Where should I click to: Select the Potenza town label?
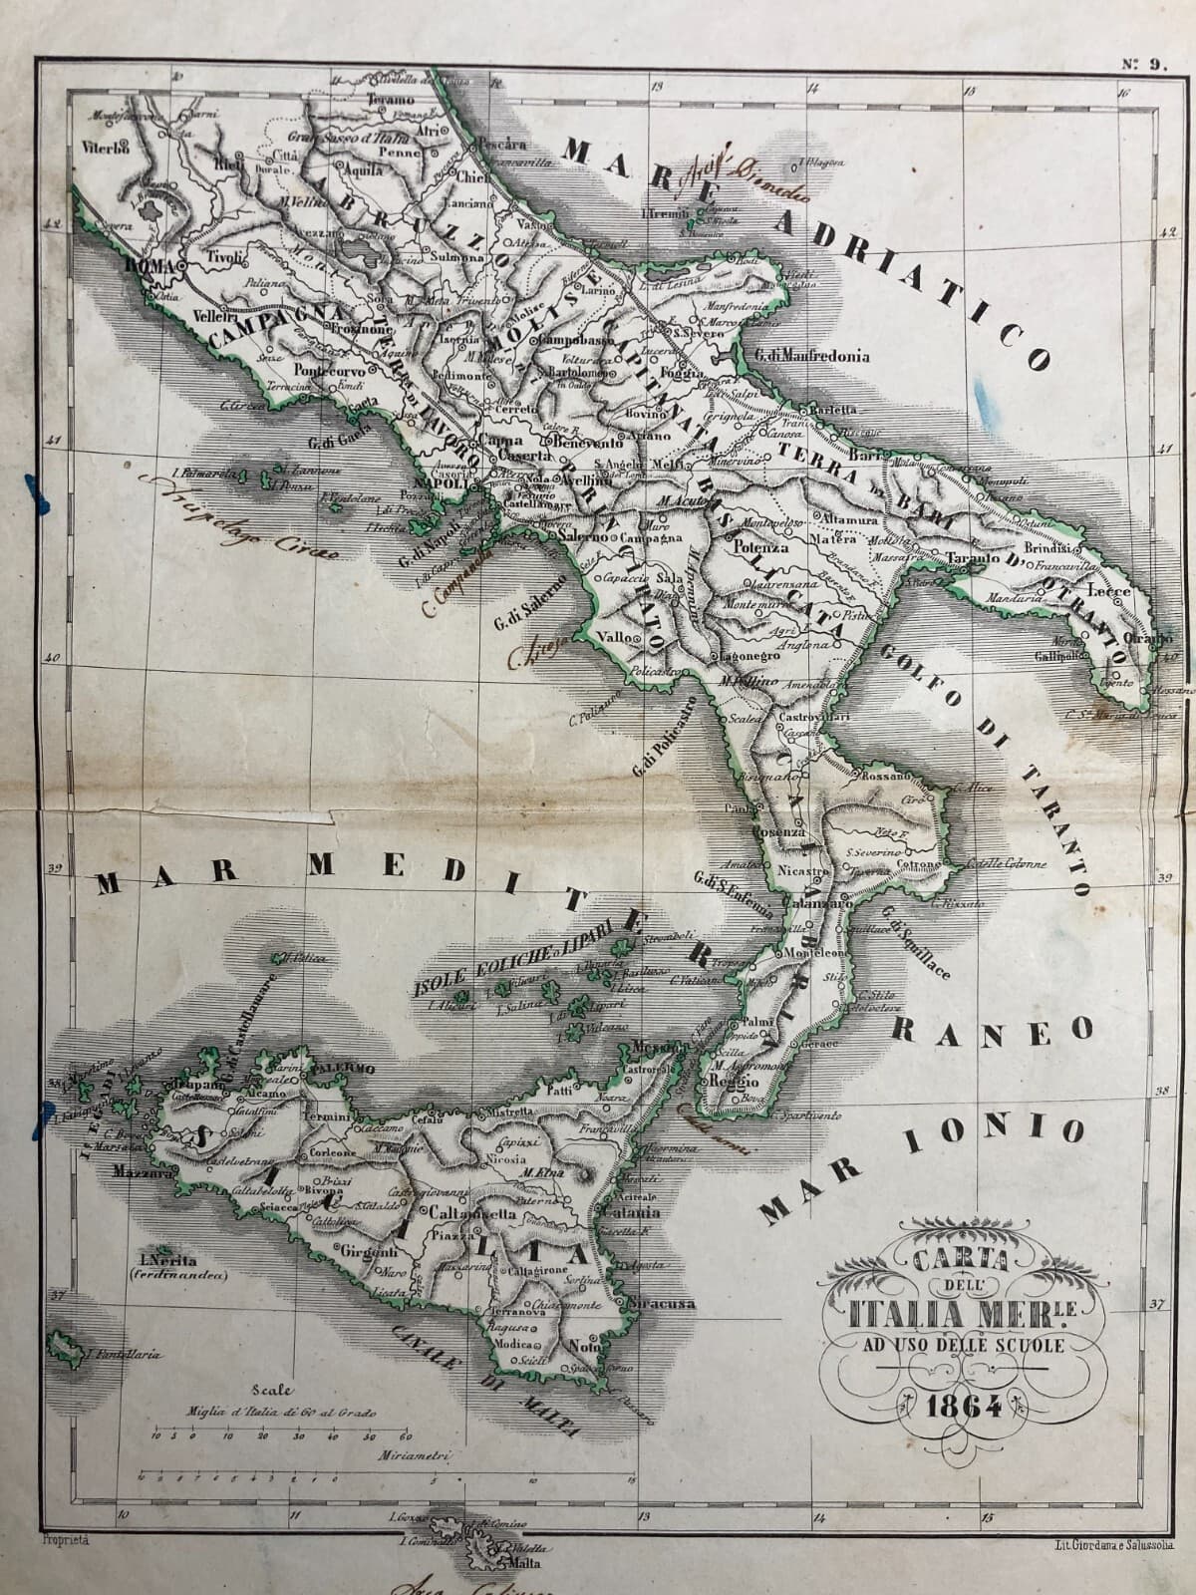tap(760, 547)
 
